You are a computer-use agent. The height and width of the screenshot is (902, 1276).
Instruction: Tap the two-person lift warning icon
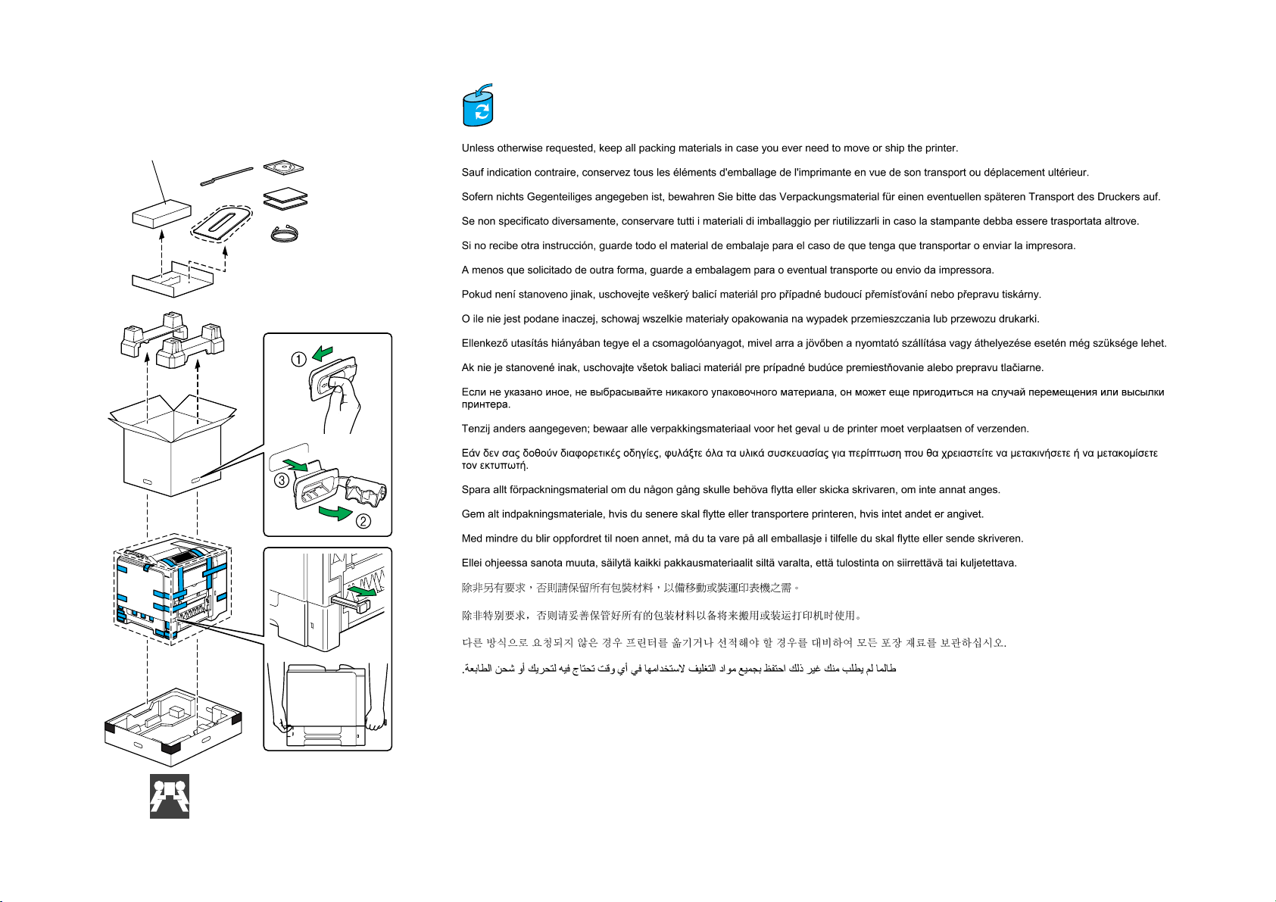pos(170,796)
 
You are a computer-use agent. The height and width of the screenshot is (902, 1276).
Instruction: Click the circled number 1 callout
pos(299,360)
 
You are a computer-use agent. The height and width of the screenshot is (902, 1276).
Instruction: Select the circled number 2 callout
pos(363,521)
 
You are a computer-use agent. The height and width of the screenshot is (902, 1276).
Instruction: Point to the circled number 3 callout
pos(282,480)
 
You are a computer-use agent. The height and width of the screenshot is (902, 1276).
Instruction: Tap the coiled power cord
pos(286,234)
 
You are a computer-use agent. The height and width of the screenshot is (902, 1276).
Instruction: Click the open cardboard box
pos(173,447)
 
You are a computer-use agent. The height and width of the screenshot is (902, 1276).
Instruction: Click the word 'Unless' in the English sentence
pos(478,148)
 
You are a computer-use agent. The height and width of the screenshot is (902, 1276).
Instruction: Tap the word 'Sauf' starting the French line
pos(473,173)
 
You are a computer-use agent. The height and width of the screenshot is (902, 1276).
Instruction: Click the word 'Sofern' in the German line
pos(477,197)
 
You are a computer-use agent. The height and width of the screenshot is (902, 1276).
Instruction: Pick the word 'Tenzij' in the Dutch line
pos(476,429)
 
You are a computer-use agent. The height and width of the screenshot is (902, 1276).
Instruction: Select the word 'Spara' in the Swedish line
pos(475,490)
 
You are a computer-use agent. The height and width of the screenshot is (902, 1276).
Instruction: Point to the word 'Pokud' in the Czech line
pos(476,295)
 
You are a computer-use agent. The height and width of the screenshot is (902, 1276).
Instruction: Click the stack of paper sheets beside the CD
pos(285,198)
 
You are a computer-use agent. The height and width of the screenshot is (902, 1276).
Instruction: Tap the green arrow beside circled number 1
pos(322,353)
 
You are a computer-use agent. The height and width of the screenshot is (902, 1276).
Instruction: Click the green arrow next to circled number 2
pos(336,513)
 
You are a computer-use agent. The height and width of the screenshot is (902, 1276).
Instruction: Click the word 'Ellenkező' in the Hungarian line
pos(484,343)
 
